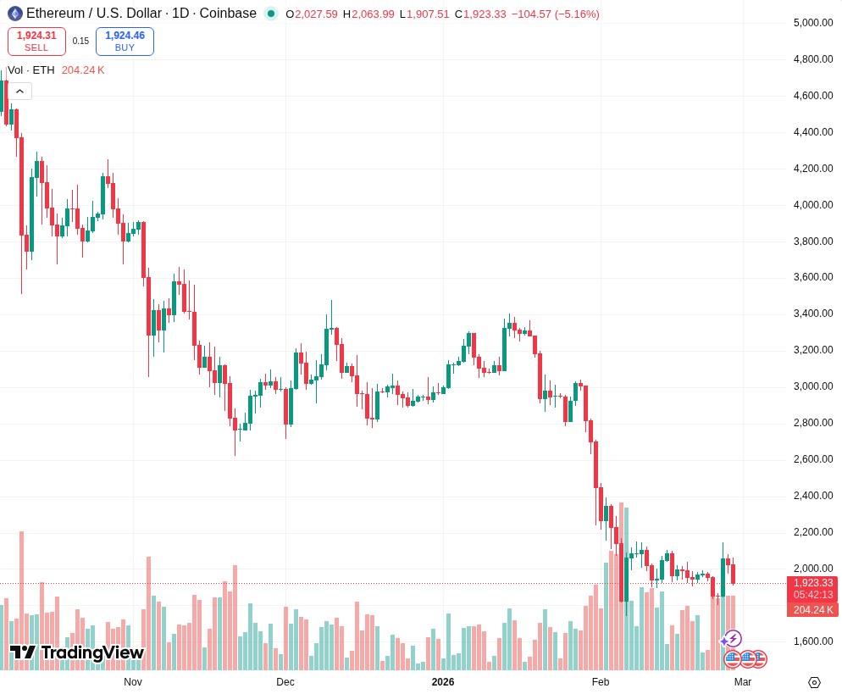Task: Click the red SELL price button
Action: pyautogui.click(x=36, y=41)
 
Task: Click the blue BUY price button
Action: pyautogui.click(x=125, y=41)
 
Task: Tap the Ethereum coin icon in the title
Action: pyautogui.click(x=14, y=14)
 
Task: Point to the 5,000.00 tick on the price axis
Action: pyautogui.click(x=812, y=23)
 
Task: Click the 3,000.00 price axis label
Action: pyautogui.click(x=812, y=386)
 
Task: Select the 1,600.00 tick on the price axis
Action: pyautogui.click(x=812, y=641)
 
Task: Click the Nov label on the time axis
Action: pyautogui.click(x=133, y=682)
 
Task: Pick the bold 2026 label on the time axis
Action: pyautogui.click(x=442, y=682)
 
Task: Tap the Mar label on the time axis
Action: pyautogui.click(x=742, y=682)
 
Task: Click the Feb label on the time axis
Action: pyautogui.click(x=601, y=682)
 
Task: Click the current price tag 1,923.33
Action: pyautogui.click(x=812, y=583)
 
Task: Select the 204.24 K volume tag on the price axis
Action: pyautogui.click(x=812, y=610)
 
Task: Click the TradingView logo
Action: pyautogui.click(x=76, y=652)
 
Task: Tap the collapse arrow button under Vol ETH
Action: pyautogui.click(x=19, y=91)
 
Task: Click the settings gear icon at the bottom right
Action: pyautogui.click(x=814, y=682)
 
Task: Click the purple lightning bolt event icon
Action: pyautogui.click(x=734, y=638)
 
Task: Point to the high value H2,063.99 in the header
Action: pyautogui.click(x=368, y=14)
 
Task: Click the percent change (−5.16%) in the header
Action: pyautogui.click(x=577, y=14)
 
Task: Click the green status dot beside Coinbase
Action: pyautogui.click(x=271, y=14)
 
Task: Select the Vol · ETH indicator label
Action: pyautogui.click(x=30, y=70)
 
